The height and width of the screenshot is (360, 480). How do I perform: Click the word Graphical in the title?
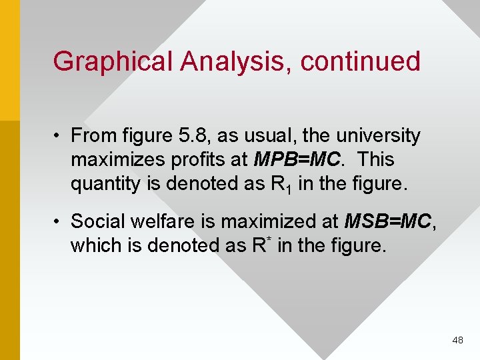coord(113,61)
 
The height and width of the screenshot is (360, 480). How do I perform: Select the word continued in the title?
coord(361,61)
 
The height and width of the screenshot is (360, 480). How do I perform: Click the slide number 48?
coord(457,340)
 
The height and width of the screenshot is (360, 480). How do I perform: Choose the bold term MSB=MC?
coord(388,221)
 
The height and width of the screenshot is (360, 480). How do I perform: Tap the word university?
coord(378,136)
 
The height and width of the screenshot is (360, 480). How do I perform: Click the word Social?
coord(99,221)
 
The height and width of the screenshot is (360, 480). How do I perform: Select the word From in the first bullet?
coord(93,136)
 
